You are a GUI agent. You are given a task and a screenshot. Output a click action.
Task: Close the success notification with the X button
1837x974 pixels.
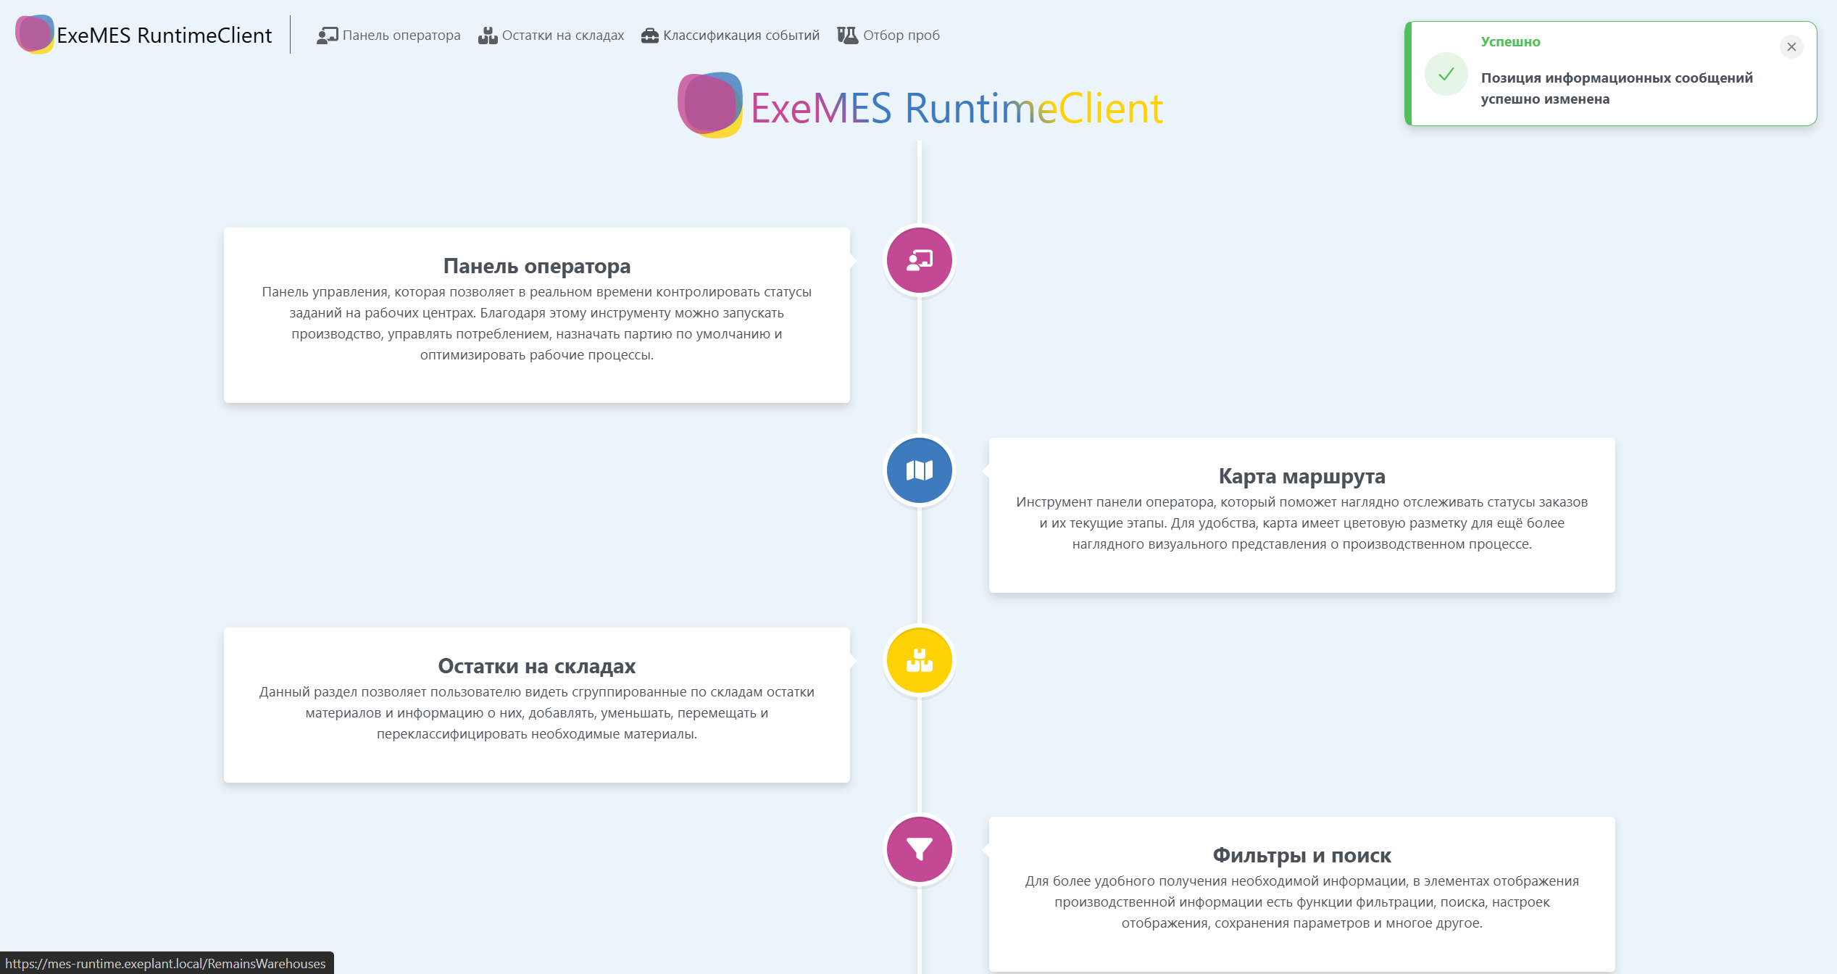point(1791,47)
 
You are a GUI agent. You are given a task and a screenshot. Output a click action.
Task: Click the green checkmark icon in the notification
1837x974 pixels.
point(1446,74)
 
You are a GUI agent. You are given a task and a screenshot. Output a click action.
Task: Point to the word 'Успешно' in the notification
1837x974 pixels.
point(1510,42)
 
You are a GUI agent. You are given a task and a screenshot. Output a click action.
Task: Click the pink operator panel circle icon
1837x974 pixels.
point(919,260)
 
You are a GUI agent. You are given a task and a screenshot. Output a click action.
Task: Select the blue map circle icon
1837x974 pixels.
point(919,470)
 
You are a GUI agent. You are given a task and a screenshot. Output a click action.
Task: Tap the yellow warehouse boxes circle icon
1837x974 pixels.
point(919,660)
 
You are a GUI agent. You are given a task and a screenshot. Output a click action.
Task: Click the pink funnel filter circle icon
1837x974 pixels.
point(919,849)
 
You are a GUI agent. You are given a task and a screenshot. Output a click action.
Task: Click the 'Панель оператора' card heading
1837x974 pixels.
point(537,266)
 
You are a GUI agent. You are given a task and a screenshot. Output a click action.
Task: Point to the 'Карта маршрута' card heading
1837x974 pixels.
point(1301,476)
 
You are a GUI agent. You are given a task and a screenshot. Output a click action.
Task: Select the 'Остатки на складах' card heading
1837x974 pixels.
point(537,666)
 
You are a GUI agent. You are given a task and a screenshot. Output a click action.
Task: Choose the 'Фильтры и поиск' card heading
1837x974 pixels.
point(1301,855)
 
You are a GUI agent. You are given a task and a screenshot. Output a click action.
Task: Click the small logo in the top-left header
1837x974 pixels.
point(34,34)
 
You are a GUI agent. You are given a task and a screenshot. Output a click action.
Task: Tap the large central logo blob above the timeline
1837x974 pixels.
point(709,105)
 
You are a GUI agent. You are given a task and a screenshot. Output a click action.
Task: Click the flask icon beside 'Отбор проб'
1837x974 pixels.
point(847,36)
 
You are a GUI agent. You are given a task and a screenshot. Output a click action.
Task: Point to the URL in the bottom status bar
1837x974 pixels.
point(166,964)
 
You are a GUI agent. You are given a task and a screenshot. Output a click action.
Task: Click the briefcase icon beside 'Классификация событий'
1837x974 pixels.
point(649,36)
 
